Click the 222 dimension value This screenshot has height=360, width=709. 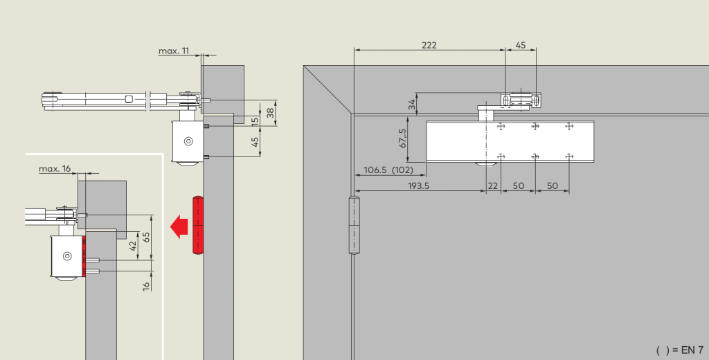coord(429,45)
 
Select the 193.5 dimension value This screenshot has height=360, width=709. coord(418,186)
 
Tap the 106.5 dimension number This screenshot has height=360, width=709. coord(375,170)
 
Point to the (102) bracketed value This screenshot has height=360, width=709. coord(402,170)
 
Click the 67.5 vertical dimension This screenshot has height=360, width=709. coord(403,138)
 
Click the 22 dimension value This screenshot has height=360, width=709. coord(493,186)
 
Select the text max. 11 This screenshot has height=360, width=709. coord(174,51)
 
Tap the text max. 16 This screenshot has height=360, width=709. coord(55,169)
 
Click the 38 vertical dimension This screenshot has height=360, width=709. coord(271,112)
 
